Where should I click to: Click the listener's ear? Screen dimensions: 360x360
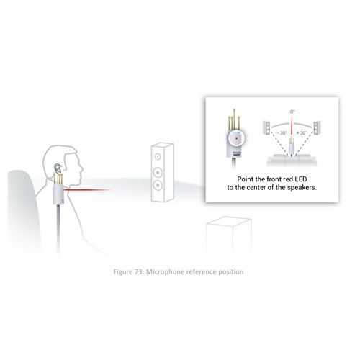point(58,168)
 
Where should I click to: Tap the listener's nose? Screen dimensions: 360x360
point(82,171)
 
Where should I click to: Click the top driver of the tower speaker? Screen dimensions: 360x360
point(158,157)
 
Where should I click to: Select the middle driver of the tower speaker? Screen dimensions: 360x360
point(158,172)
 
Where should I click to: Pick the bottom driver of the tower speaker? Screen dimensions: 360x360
point(158,185)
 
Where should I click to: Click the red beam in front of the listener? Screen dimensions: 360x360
point(87,190)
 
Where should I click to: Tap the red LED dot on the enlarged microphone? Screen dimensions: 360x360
point(236,138)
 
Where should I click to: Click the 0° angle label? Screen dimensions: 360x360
point(292,112)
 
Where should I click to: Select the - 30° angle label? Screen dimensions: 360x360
point(282,133)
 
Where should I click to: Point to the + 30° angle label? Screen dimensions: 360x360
point(302,133)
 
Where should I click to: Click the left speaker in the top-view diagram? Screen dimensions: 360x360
point(266,127)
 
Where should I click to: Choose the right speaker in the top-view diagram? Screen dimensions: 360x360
point(317,127)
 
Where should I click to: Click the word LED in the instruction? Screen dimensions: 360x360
point(301,179)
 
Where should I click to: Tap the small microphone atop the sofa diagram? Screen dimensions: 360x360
point(292,146)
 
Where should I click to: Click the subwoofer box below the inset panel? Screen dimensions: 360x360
point(229,236)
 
